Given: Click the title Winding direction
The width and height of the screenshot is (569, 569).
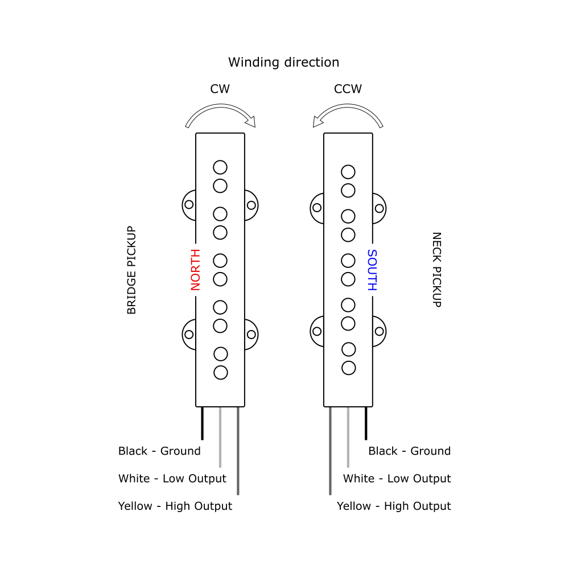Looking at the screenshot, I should tap(283, 62).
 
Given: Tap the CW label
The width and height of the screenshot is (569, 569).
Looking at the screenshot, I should tap(220, 89).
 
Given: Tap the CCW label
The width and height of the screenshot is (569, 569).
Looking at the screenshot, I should tap(348, 89).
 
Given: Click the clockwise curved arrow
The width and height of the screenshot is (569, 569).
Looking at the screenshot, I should tap(221, 114).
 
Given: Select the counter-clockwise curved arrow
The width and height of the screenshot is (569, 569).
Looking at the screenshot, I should tap(348, 114).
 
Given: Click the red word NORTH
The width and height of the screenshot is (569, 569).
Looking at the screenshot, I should tap(196, 270).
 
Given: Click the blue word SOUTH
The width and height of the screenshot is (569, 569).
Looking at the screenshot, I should tap(372, 270).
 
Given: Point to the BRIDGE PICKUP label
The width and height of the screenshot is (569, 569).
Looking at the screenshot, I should tap(131, 270).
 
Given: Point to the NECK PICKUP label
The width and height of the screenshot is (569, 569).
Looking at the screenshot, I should tap(436, 270).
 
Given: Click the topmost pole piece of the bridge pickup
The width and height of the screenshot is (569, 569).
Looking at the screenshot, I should tap(220, 167).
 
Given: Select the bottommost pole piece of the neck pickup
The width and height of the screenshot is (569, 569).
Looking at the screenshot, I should tap(349, 368).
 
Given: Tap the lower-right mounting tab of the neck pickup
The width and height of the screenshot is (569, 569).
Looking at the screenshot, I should tap(379, 331).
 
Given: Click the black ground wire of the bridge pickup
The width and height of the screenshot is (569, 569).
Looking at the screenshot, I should tap(202, 423).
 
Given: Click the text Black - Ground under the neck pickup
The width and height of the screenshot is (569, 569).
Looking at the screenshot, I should tap(409, 451).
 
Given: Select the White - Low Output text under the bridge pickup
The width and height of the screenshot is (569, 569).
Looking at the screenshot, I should tap(172, 479).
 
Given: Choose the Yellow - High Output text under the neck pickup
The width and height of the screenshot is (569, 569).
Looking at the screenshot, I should tap(394, 506).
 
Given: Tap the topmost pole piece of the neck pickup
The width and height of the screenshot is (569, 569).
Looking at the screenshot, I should tap(348, 172).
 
